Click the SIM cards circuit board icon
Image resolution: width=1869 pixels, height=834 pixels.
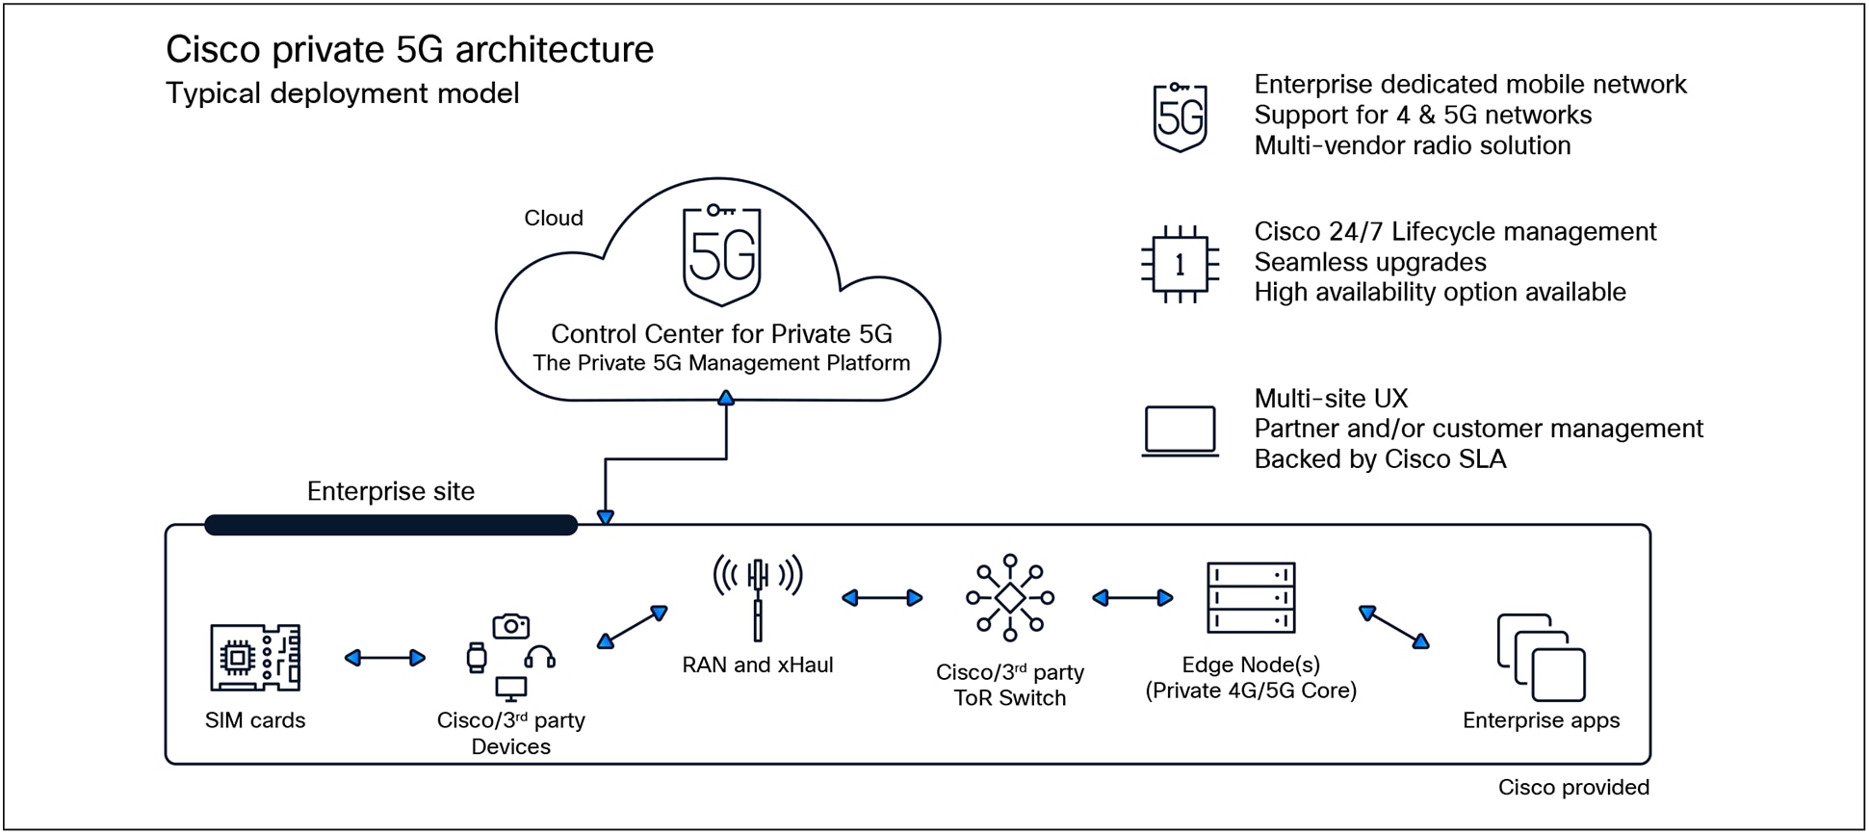[255, 657]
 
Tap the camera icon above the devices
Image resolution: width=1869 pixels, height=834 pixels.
[510, 627]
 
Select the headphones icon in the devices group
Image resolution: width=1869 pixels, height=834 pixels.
[539, 657]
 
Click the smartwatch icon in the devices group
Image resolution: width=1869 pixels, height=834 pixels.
[477, 658]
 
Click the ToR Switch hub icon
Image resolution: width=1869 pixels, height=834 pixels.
[1009, 598]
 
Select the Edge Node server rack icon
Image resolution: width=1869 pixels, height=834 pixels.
[1251, 598]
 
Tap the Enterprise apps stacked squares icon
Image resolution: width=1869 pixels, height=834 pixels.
[1541, 658]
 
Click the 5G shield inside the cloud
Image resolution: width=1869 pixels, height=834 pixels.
[722, 255]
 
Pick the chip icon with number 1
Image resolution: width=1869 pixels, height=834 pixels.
[1180, 265]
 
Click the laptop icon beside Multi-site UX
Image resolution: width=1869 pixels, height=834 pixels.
[1180, 430]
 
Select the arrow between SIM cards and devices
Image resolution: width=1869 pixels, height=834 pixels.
[385, 658]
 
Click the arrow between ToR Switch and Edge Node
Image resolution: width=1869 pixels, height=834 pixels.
[1132, 598]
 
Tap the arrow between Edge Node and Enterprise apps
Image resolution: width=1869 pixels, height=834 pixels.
[1393, 627]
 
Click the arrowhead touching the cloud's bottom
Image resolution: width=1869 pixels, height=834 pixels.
[726, 398]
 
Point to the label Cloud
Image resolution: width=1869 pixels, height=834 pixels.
[553, 219]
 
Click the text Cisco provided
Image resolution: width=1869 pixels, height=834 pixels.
[1572, 788]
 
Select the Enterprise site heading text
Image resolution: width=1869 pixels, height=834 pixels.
[390, 492]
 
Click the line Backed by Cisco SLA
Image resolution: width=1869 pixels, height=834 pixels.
[1379, 459]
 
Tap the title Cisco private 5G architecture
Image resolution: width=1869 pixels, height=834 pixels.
[409, 50]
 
